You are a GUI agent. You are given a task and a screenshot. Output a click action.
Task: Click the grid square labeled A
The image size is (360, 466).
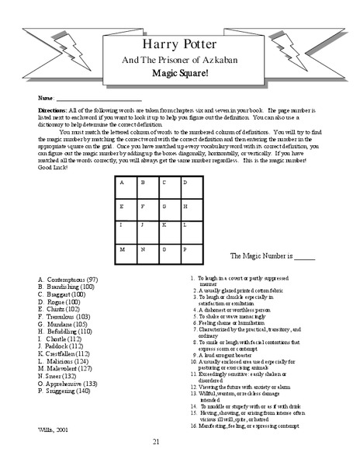coord(126,189)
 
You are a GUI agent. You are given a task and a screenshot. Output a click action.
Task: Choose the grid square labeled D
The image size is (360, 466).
coord(191,189)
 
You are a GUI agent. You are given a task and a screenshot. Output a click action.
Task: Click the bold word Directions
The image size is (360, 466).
coord(53,111)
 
